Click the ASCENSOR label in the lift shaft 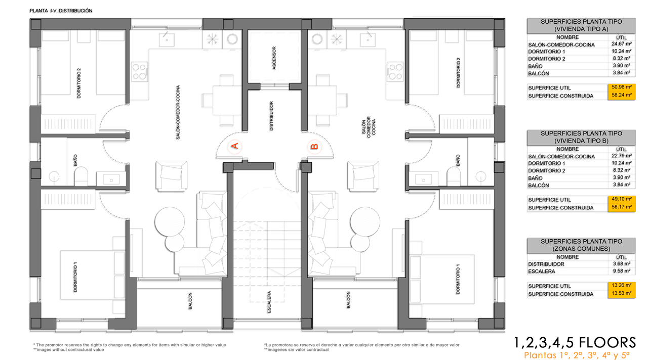pos(274,58)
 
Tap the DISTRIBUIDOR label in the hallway pos(271,116)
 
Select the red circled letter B pos(314,147)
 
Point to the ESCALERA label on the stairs pos(269,302)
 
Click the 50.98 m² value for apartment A pos(621,87)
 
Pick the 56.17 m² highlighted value pos(621,207)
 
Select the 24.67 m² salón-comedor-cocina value pos(621,44)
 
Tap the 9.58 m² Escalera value pos(621,271)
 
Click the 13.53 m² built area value pos(621,293)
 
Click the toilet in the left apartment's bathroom pos(81,176)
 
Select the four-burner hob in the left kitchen pos(139,72)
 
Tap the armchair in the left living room pos(172,176)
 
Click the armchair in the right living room pos(363,176)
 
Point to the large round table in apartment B pos(365,222)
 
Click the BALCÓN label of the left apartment pos(190,301)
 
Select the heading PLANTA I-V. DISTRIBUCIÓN pos(61,11)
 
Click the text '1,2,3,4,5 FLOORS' pos(575,343)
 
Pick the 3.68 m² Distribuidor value pos(621,264)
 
